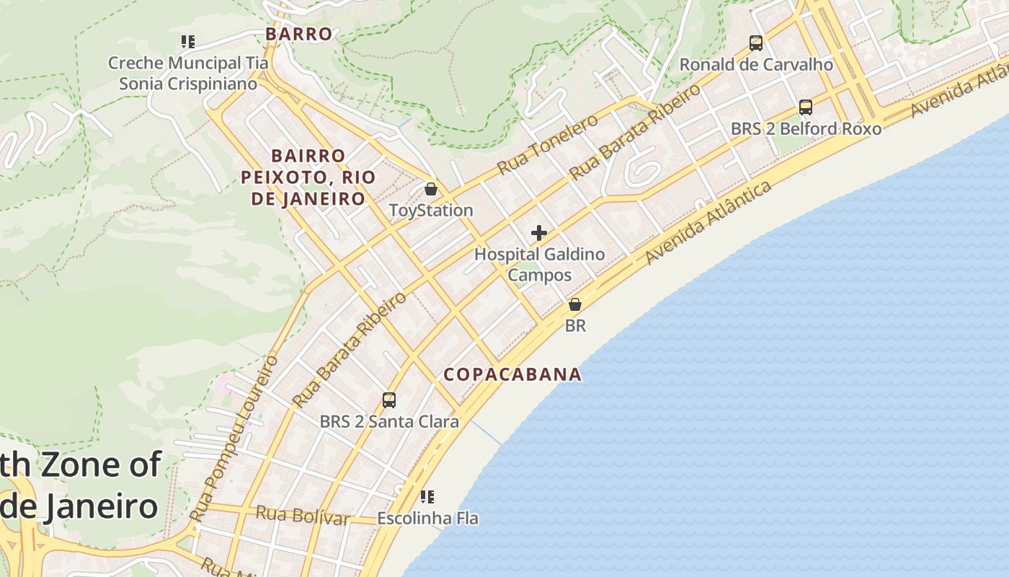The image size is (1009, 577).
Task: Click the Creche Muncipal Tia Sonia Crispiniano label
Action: pos(188,74)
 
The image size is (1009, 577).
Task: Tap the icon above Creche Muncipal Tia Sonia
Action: pos(188,42)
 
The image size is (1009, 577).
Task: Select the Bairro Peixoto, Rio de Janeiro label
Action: pos(308,177)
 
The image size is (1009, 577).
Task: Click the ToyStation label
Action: pos(431,211)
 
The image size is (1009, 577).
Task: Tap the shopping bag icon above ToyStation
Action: pos(431,190)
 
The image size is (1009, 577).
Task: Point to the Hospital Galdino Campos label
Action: pos(539,265)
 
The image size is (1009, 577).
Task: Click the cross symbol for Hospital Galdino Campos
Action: pos(539,233)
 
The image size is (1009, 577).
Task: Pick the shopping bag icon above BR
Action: pos(575,304)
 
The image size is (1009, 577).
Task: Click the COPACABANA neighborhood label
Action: pos(512,374)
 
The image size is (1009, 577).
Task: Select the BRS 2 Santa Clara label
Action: pos(389,421)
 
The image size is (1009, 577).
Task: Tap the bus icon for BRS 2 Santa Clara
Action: pos(389,400)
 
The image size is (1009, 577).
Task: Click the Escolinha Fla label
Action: pos(427,519)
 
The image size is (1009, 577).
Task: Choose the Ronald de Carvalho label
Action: pos(756,65)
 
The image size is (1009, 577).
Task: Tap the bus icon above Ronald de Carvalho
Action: pos(756,43)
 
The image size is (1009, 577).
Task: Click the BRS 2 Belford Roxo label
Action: pos(806,129)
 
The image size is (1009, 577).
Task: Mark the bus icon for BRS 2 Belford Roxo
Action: pos(806,107)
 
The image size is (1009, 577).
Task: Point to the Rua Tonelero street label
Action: pos(548,144)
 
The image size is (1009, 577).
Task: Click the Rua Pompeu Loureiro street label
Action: pos(234,437)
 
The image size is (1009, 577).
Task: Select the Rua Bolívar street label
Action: pos(303,516)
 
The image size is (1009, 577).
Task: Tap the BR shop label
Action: pos(575,326)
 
